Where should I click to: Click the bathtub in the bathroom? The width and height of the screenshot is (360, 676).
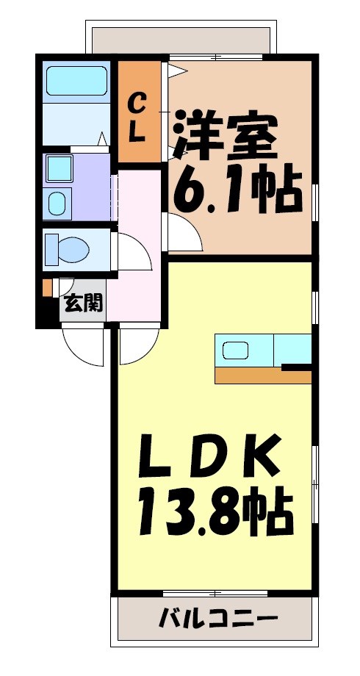76,80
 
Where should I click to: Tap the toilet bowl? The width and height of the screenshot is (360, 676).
68,249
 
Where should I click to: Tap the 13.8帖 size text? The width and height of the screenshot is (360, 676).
213,514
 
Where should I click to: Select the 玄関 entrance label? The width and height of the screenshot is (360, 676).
82,302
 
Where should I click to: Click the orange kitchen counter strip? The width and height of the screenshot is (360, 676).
262,375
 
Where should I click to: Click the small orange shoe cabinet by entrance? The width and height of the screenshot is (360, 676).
48,286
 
